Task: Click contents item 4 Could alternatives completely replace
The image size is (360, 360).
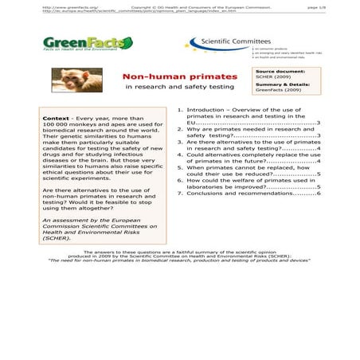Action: click(x=251, y=158)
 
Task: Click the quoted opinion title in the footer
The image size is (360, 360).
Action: click(x=179, y=260)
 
